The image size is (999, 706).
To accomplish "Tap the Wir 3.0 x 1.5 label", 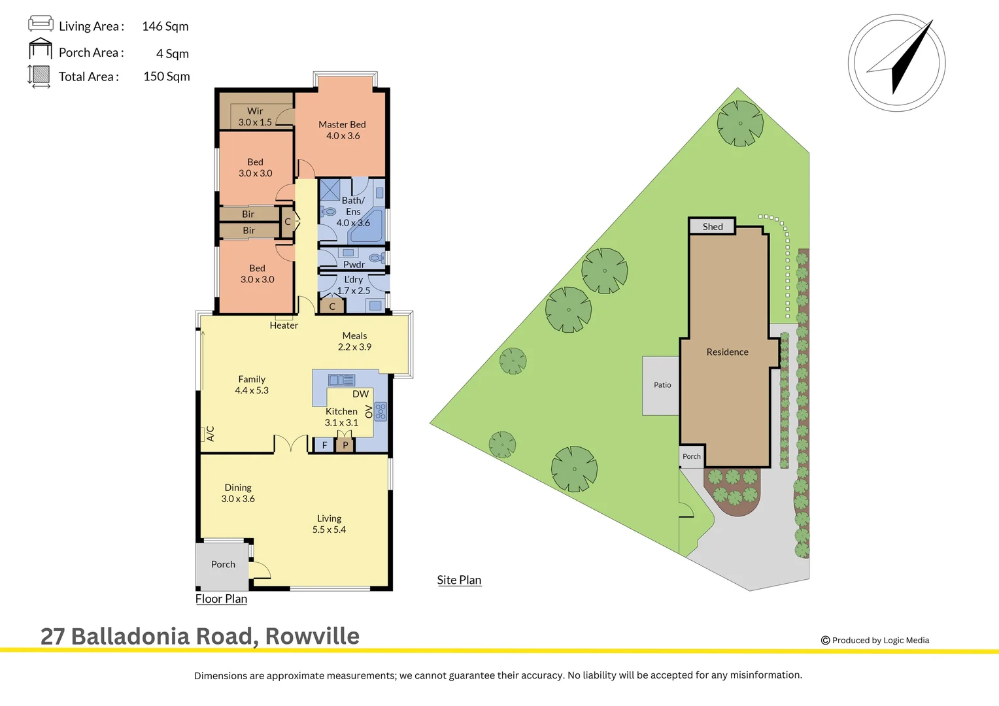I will [x=255, y=116].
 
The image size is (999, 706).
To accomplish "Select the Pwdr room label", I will [x=354, y=264].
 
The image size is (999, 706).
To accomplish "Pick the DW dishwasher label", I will [x=360, y=394].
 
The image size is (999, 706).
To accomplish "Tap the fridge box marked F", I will [x=324, y=445].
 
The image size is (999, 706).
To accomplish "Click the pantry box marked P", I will [x=345, y=445].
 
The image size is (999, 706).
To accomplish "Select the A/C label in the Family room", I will [x=210, y=433].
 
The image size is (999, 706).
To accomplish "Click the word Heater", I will [x=284, y=326].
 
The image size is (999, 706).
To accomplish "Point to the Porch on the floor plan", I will [x=223, y=564].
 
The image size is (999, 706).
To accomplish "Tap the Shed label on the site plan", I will [x=713, y=227].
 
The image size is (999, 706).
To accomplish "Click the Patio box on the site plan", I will [x=662, y=385].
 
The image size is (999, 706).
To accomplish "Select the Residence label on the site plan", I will [x=727, y=352].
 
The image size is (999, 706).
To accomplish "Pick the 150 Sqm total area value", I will [x=167, y=76].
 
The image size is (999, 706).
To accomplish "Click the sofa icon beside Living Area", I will [x=41, y=24].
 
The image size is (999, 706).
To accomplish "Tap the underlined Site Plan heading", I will [x=459, y=580].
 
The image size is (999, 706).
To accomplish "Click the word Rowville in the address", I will [x=313, y=636].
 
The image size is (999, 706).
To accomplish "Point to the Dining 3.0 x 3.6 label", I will [x=238, y=493].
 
